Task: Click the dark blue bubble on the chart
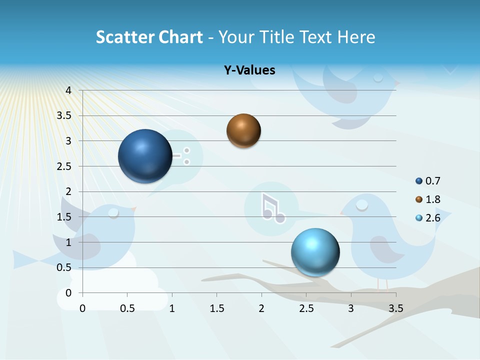(145, 156)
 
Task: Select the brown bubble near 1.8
(243, 130)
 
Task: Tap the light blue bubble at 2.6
(315, 252)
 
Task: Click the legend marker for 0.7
(419, 181)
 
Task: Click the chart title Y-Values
(249, 70)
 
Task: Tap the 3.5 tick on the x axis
(395, 308)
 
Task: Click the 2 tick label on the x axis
(261, 308)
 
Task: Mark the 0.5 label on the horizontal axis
(127, 308)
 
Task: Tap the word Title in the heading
(277, 37)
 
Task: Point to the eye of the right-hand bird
(362, 204)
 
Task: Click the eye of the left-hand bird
(114, 213)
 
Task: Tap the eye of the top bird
(378, 77)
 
